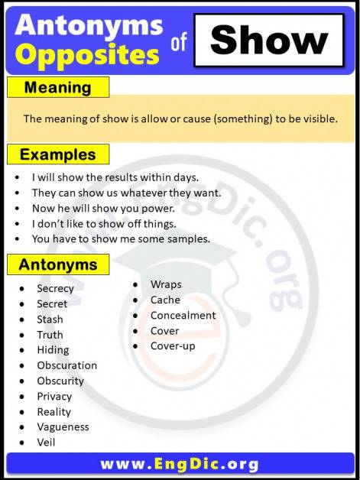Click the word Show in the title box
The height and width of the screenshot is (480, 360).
268,40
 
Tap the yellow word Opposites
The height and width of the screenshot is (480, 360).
87,55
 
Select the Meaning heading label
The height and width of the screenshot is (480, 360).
57,88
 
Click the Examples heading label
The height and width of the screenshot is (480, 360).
58,154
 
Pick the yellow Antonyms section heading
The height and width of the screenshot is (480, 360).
58,265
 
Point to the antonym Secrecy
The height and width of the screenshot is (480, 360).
55,288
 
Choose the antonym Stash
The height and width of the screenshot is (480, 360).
50,319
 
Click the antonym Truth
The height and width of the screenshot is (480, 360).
50,335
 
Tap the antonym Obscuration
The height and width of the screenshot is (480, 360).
66,365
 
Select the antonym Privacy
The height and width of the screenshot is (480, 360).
54,396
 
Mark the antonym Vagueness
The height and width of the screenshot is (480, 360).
63,426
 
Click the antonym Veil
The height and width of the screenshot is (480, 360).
46,442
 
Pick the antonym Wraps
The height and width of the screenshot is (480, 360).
166,284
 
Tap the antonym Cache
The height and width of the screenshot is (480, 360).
165,300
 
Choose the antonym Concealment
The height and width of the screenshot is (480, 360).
183,315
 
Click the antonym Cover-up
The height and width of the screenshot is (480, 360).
173,345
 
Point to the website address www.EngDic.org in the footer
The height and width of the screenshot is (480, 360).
180,463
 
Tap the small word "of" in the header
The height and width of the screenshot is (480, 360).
179,44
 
